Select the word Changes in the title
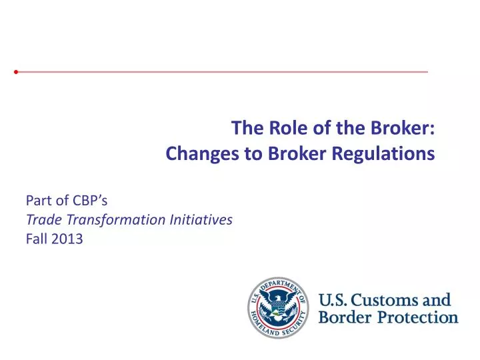click(194, 154)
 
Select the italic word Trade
click(41, 219)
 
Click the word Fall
click(36, 239)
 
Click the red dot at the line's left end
click(16, 71)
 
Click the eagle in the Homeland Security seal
click(276, 307)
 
